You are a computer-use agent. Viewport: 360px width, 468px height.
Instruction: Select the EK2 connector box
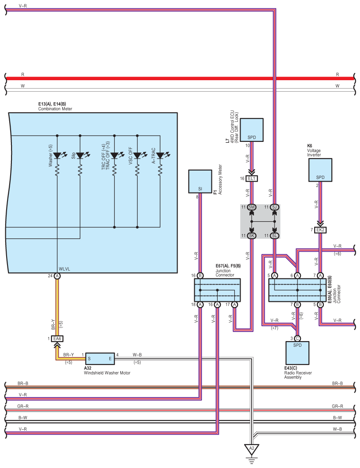tap(321, 230)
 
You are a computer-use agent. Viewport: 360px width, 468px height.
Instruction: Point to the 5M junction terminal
tap(252, 207)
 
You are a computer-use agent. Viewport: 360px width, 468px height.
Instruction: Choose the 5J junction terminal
tap(275, 207)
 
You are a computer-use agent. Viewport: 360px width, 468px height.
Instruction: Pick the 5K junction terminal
tap(252, 236)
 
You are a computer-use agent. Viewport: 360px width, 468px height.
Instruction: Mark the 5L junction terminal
tap(275, 236)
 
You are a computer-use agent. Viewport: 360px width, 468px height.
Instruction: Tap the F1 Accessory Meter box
tap(200, 182)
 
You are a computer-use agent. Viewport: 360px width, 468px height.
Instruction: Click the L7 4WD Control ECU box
tap(252, 130)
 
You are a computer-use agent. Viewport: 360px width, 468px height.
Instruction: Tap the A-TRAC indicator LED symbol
tap(160, 156)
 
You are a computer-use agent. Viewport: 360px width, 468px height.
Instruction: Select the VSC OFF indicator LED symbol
tap(137, 156)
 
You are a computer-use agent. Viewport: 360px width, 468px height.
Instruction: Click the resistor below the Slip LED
tap(80, 170)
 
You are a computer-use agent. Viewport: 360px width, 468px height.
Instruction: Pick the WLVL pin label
tap(65, 269)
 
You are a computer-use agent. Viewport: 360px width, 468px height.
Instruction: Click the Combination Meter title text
tap(55, 108)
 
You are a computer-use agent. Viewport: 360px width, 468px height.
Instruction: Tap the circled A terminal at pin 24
tap(57, 276)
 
